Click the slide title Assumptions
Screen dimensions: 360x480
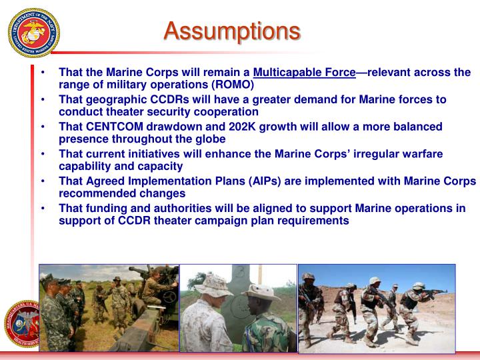click(232, 30)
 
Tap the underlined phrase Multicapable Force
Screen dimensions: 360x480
click(304, 72)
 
